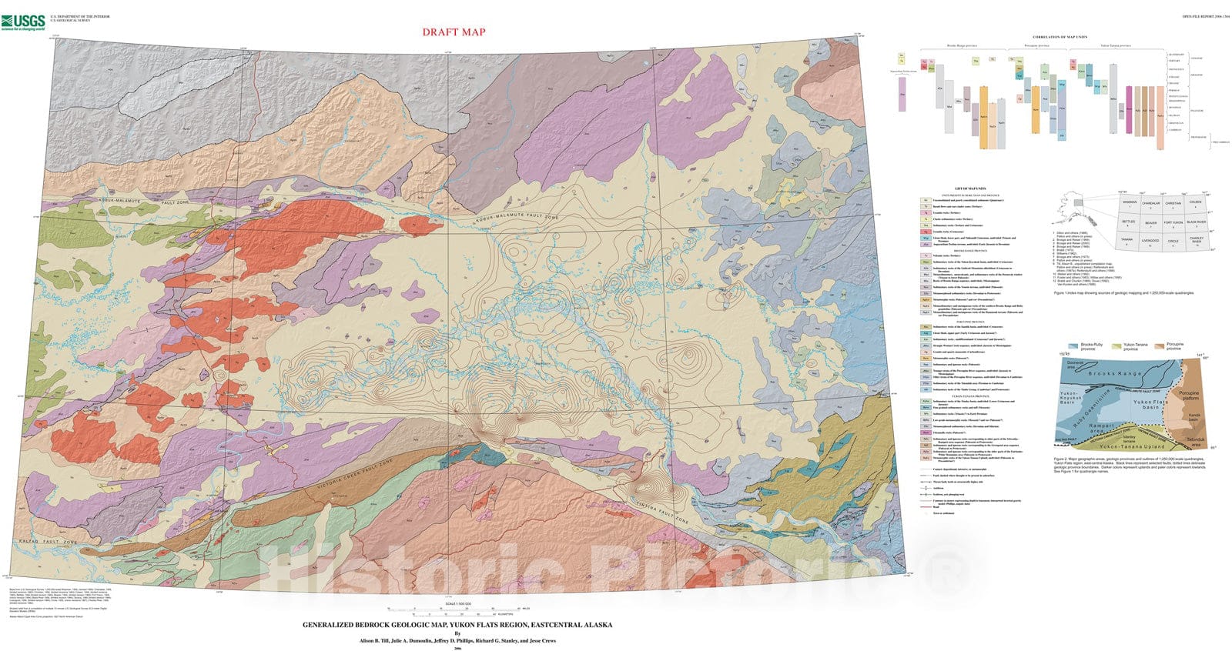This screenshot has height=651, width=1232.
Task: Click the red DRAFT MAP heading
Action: click(454, 32)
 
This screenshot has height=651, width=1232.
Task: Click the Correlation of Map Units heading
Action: click(1060, 37)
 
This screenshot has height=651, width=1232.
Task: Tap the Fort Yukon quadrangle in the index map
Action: click(1173, 222)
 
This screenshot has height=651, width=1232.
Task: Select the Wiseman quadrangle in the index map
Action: click(1129, 202)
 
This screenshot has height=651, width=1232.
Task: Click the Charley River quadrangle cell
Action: click(1196, 241)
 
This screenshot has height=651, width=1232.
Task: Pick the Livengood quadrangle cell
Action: click(1150, 241)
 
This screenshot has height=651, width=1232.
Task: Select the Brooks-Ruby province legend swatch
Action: click(1073, 347)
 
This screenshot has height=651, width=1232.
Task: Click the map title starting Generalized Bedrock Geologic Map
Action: click(457, 625)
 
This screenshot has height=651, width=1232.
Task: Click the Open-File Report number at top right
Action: click(1207, 15)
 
